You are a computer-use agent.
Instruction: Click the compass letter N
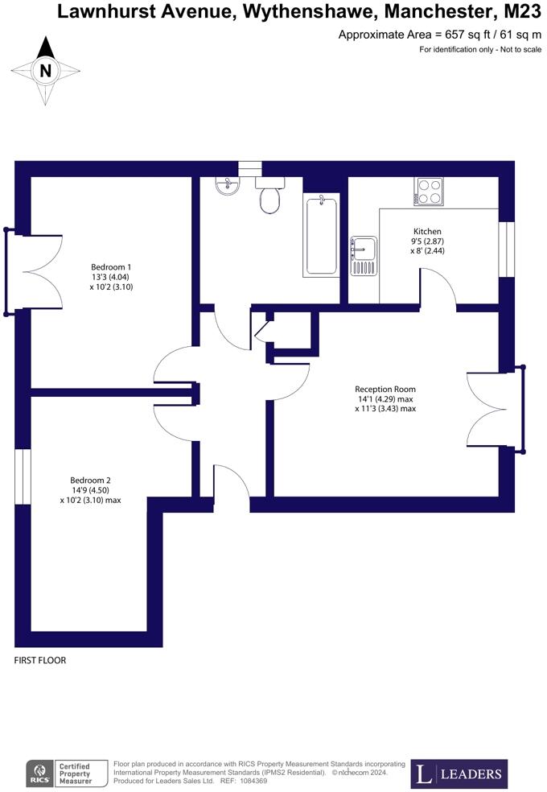tap(46, 71)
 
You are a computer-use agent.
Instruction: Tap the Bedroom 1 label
tap(111, 267)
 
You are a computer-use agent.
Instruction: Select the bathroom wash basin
tap(226, 187)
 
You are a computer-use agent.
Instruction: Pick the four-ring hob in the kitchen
tap(429, 192)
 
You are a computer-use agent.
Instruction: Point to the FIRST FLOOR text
tap(40, 660)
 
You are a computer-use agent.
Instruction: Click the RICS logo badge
tap(39, 773)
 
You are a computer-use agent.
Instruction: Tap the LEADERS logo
tap(459, 774)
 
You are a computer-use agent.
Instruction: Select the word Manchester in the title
tap(424, 11)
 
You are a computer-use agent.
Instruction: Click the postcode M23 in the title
tap(522, 11)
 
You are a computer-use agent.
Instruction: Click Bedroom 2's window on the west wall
tap(23, 476)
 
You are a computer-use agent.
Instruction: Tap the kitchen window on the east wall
tap(506, 249)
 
